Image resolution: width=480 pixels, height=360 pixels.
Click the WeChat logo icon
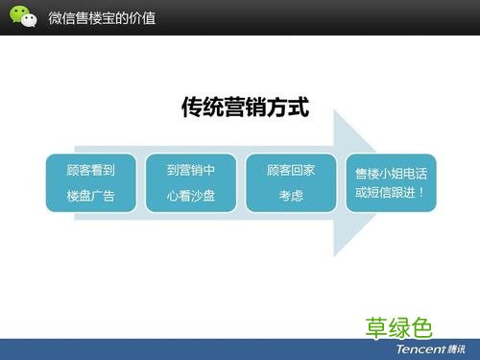[22, 16]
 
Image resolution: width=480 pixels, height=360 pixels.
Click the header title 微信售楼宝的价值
[103, 17]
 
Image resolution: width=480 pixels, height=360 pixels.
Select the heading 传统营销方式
[245, 108]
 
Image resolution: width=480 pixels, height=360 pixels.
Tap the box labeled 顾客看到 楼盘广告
[90, 183]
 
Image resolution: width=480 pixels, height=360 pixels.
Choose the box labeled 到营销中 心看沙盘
[190, 183]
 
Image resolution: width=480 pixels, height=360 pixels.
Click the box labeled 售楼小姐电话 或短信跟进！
[391, 183]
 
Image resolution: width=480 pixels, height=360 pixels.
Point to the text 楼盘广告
[90, 196]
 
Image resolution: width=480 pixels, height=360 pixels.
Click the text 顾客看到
[90, 171]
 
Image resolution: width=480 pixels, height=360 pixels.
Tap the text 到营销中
[190, 171]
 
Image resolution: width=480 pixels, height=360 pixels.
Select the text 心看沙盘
[190, 196]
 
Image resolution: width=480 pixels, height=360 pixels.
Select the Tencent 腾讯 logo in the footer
[426, 349]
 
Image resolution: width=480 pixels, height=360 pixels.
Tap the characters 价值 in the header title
[144, 17]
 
